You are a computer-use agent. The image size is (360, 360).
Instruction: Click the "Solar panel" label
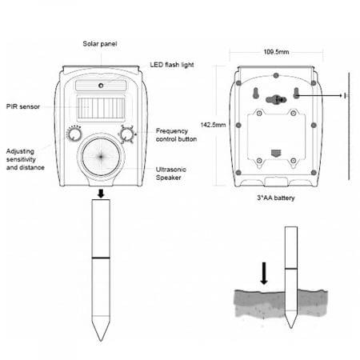tap(100, 44)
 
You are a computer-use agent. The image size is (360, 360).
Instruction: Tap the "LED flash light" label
tap(172, 65)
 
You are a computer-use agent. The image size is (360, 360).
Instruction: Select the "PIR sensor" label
tap(23, 106)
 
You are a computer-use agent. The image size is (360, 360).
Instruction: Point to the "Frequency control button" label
tap(176, 135)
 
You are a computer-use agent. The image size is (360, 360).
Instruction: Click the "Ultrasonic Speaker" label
tap(171, 174)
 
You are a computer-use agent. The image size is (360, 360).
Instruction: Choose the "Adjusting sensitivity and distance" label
tap(26, 159)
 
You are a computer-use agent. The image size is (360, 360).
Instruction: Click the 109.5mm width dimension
tap(276, 52)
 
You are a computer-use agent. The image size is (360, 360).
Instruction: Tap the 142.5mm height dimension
tap(213, 125)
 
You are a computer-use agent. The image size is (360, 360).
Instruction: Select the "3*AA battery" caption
tap(276, 198)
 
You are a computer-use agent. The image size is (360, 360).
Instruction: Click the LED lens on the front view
tap(101, 86)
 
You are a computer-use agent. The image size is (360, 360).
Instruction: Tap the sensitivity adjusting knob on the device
tap(74, 134)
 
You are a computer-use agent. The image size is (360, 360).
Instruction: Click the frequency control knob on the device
tap(127, 134)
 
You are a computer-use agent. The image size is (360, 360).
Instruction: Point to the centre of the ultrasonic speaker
tap(101, 157)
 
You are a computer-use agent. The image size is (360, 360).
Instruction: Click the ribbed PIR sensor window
tap(101, 108)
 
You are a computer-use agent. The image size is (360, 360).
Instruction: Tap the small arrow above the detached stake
tap(101, 194)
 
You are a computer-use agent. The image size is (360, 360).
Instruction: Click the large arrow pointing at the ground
tap(264, 274)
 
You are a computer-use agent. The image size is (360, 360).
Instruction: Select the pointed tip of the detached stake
tap(101, 341)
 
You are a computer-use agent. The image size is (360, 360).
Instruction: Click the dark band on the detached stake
tap(101, 258)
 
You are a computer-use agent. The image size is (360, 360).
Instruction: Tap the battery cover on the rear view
tap(276, 138)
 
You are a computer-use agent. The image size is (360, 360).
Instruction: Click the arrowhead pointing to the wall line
tap(342, 95)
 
